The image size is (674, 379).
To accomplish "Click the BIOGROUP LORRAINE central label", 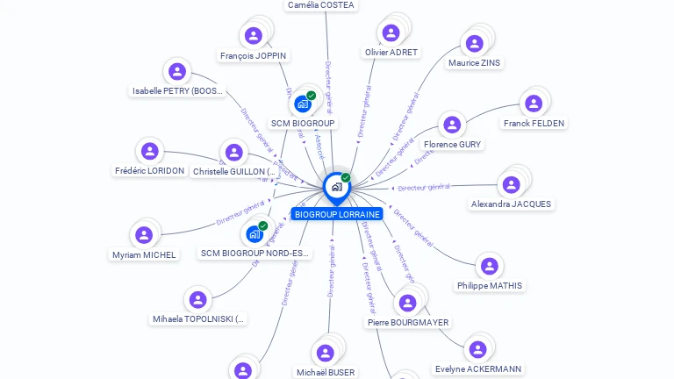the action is coord(337,214).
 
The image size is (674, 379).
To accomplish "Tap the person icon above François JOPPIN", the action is coord(254,36).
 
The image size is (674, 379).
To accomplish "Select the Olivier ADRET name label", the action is coord(391,53).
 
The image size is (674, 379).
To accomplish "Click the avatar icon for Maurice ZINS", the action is coord(475,43).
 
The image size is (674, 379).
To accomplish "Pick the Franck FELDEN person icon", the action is coord(534,104).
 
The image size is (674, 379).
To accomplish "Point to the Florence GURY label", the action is coord(452,144).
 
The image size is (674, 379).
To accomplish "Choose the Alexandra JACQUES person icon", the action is coord(511,184).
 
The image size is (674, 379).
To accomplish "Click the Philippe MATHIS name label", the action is coord(489,285).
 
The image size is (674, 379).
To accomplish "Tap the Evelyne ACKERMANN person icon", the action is coord(477,349).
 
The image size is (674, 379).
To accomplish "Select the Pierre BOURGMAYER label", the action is coord(407,322).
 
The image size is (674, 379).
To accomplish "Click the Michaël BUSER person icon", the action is coord(326,353).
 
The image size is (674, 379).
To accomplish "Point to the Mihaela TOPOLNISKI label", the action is coord(199,319).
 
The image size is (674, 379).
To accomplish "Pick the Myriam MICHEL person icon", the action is coord(144,235).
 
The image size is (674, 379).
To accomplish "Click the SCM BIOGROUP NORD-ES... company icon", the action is coord(255,234).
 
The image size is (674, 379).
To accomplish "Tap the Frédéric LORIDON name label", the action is coord(150,170).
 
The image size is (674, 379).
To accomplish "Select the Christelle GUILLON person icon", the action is coord(233,153).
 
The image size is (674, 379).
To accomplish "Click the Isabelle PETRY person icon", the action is coord(177,72).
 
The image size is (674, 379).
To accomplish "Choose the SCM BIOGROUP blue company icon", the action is coord(303,104).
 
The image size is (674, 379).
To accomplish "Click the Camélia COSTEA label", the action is coord(321,5).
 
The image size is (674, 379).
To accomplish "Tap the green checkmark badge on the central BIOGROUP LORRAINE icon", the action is coord(346,178).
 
